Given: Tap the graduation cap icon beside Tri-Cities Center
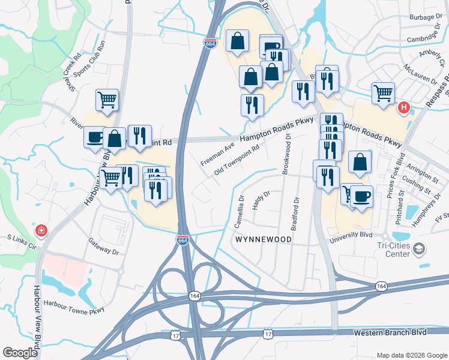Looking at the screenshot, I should pos(419,249).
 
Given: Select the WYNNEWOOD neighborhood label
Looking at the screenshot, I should pos(264,239).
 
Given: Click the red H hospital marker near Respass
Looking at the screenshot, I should pos(404,108).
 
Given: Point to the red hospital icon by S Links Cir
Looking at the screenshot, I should pos(41,230).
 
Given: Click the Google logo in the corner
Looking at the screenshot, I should pos(20,353).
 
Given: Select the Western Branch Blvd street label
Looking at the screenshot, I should pos(390,332).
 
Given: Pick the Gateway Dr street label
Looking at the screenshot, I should pos(103,247).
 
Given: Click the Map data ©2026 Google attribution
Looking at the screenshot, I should pos(411,355).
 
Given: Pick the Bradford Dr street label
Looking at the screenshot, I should pos(295,214).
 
